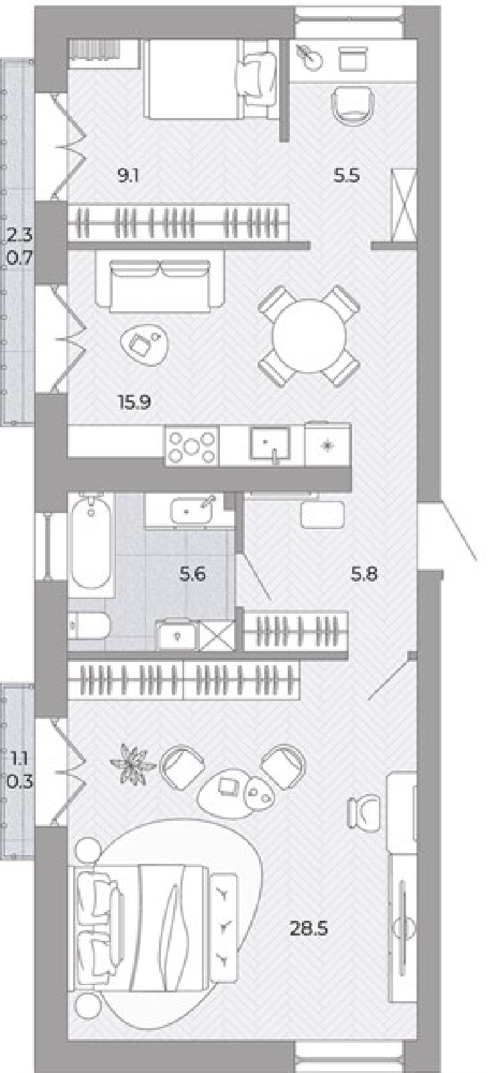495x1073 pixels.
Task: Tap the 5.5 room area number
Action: [x=347, y=176]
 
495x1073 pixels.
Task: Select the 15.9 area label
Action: [x=135, y=402]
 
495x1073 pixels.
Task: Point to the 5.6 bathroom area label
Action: [x=192, y=573]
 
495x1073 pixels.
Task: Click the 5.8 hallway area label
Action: [x=364, y=573]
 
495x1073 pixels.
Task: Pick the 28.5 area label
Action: [x=309, y=929]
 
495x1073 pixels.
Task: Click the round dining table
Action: [x=309, y=336]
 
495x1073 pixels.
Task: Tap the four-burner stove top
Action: [x=192, y=446]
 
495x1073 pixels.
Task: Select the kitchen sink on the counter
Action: [x=270, y=445]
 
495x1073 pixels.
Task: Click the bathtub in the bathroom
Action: [x=91, y=540]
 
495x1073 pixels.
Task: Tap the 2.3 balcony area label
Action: [x=19, y=235]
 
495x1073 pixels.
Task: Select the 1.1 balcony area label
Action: [x=19, y=758]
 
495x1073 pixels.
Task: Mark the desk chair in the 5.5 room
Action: [x=353, y=105]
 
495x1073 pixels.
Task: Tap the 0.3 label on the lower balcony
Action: [x=19, y=782]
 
